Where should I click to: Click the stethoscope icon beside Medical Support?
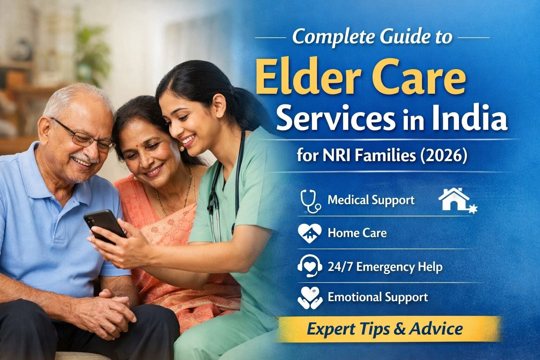[x=310, y=201]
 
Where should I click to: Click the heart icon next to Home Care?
[x=309, y=233]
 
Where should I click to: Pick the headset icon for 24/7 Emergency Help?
[x=309, y=266]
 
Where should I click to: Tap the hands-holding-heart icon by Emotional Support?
[x=309, y=297]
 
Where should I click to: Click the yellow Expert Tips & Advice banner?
[x=385, y=329]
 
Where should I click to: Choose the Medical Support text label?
[x=371, y=200]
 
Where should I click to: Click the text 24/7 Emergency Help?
[x=385, y=267]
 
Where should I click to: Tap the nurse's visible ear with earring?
[x=220, y=105]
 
